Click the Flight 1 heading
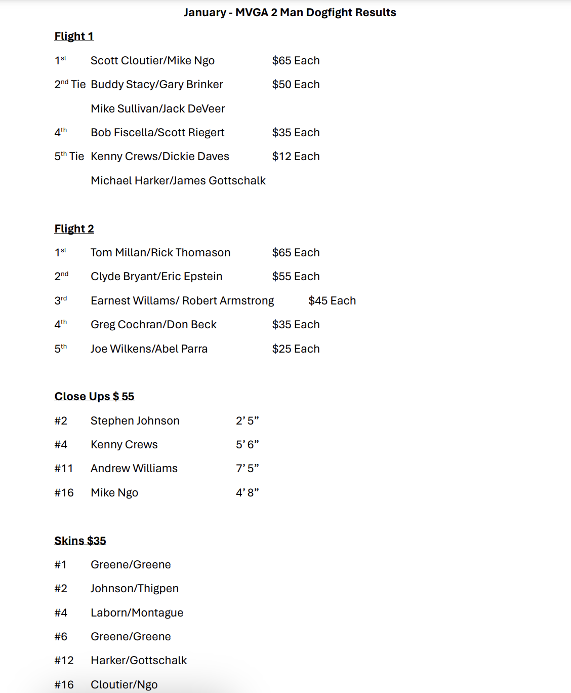(x=74, y=36)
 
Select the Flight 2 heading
(x=74, y=229)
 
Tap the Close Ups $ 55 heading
(x=94, y=397)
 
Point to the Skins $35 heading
(x=80, y=541)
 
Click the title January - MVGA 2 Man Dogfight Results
(x=290, y=13)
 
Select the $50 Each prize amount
(x=296, y=85)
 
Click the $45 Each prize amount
(x=332, y=301)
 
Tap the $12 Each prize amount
(x=296, y=157)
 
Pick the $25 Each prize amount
(x=296, y=349)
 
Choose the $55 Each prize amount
(x=296, y=277)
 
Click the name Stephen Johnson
(x=135, y=421)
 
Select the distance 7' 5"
(x=247, y=469)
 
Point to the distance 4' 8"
(x=247, y=493)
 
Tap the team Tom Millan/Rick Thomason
(x=160, y=253)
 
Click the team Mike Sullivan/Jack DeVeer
(x=158, y=109)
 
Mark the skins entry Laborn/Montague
(x=137, y=613)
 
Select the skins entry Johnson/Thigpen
(x=135, y=589)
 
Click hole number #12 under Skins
(x=64, y=661)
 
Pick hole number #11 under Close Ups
(x=63, y=469)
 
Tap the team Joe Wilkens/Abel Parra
(x=149, y=349)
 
